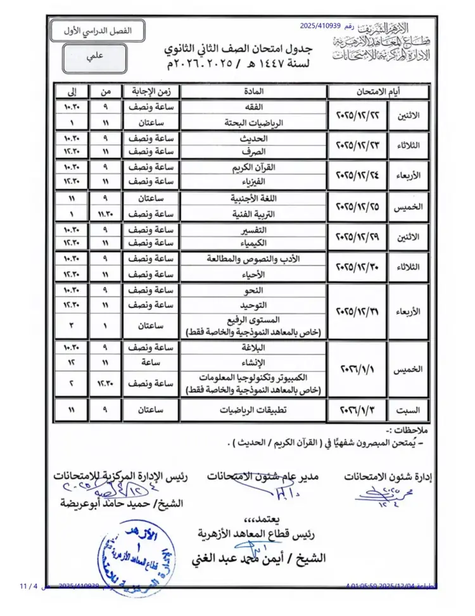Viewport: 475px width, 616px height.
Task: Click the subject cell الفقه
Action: click(x=253, y=107)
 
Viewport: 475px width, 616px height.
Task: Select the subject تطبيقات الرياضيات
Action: click(x=253, y=409)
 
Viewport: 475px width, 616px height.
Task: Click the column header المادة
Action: click(x=253, y=90)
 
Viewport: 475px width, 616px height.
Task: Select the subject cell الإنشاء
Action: click(x=253, y=362)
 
